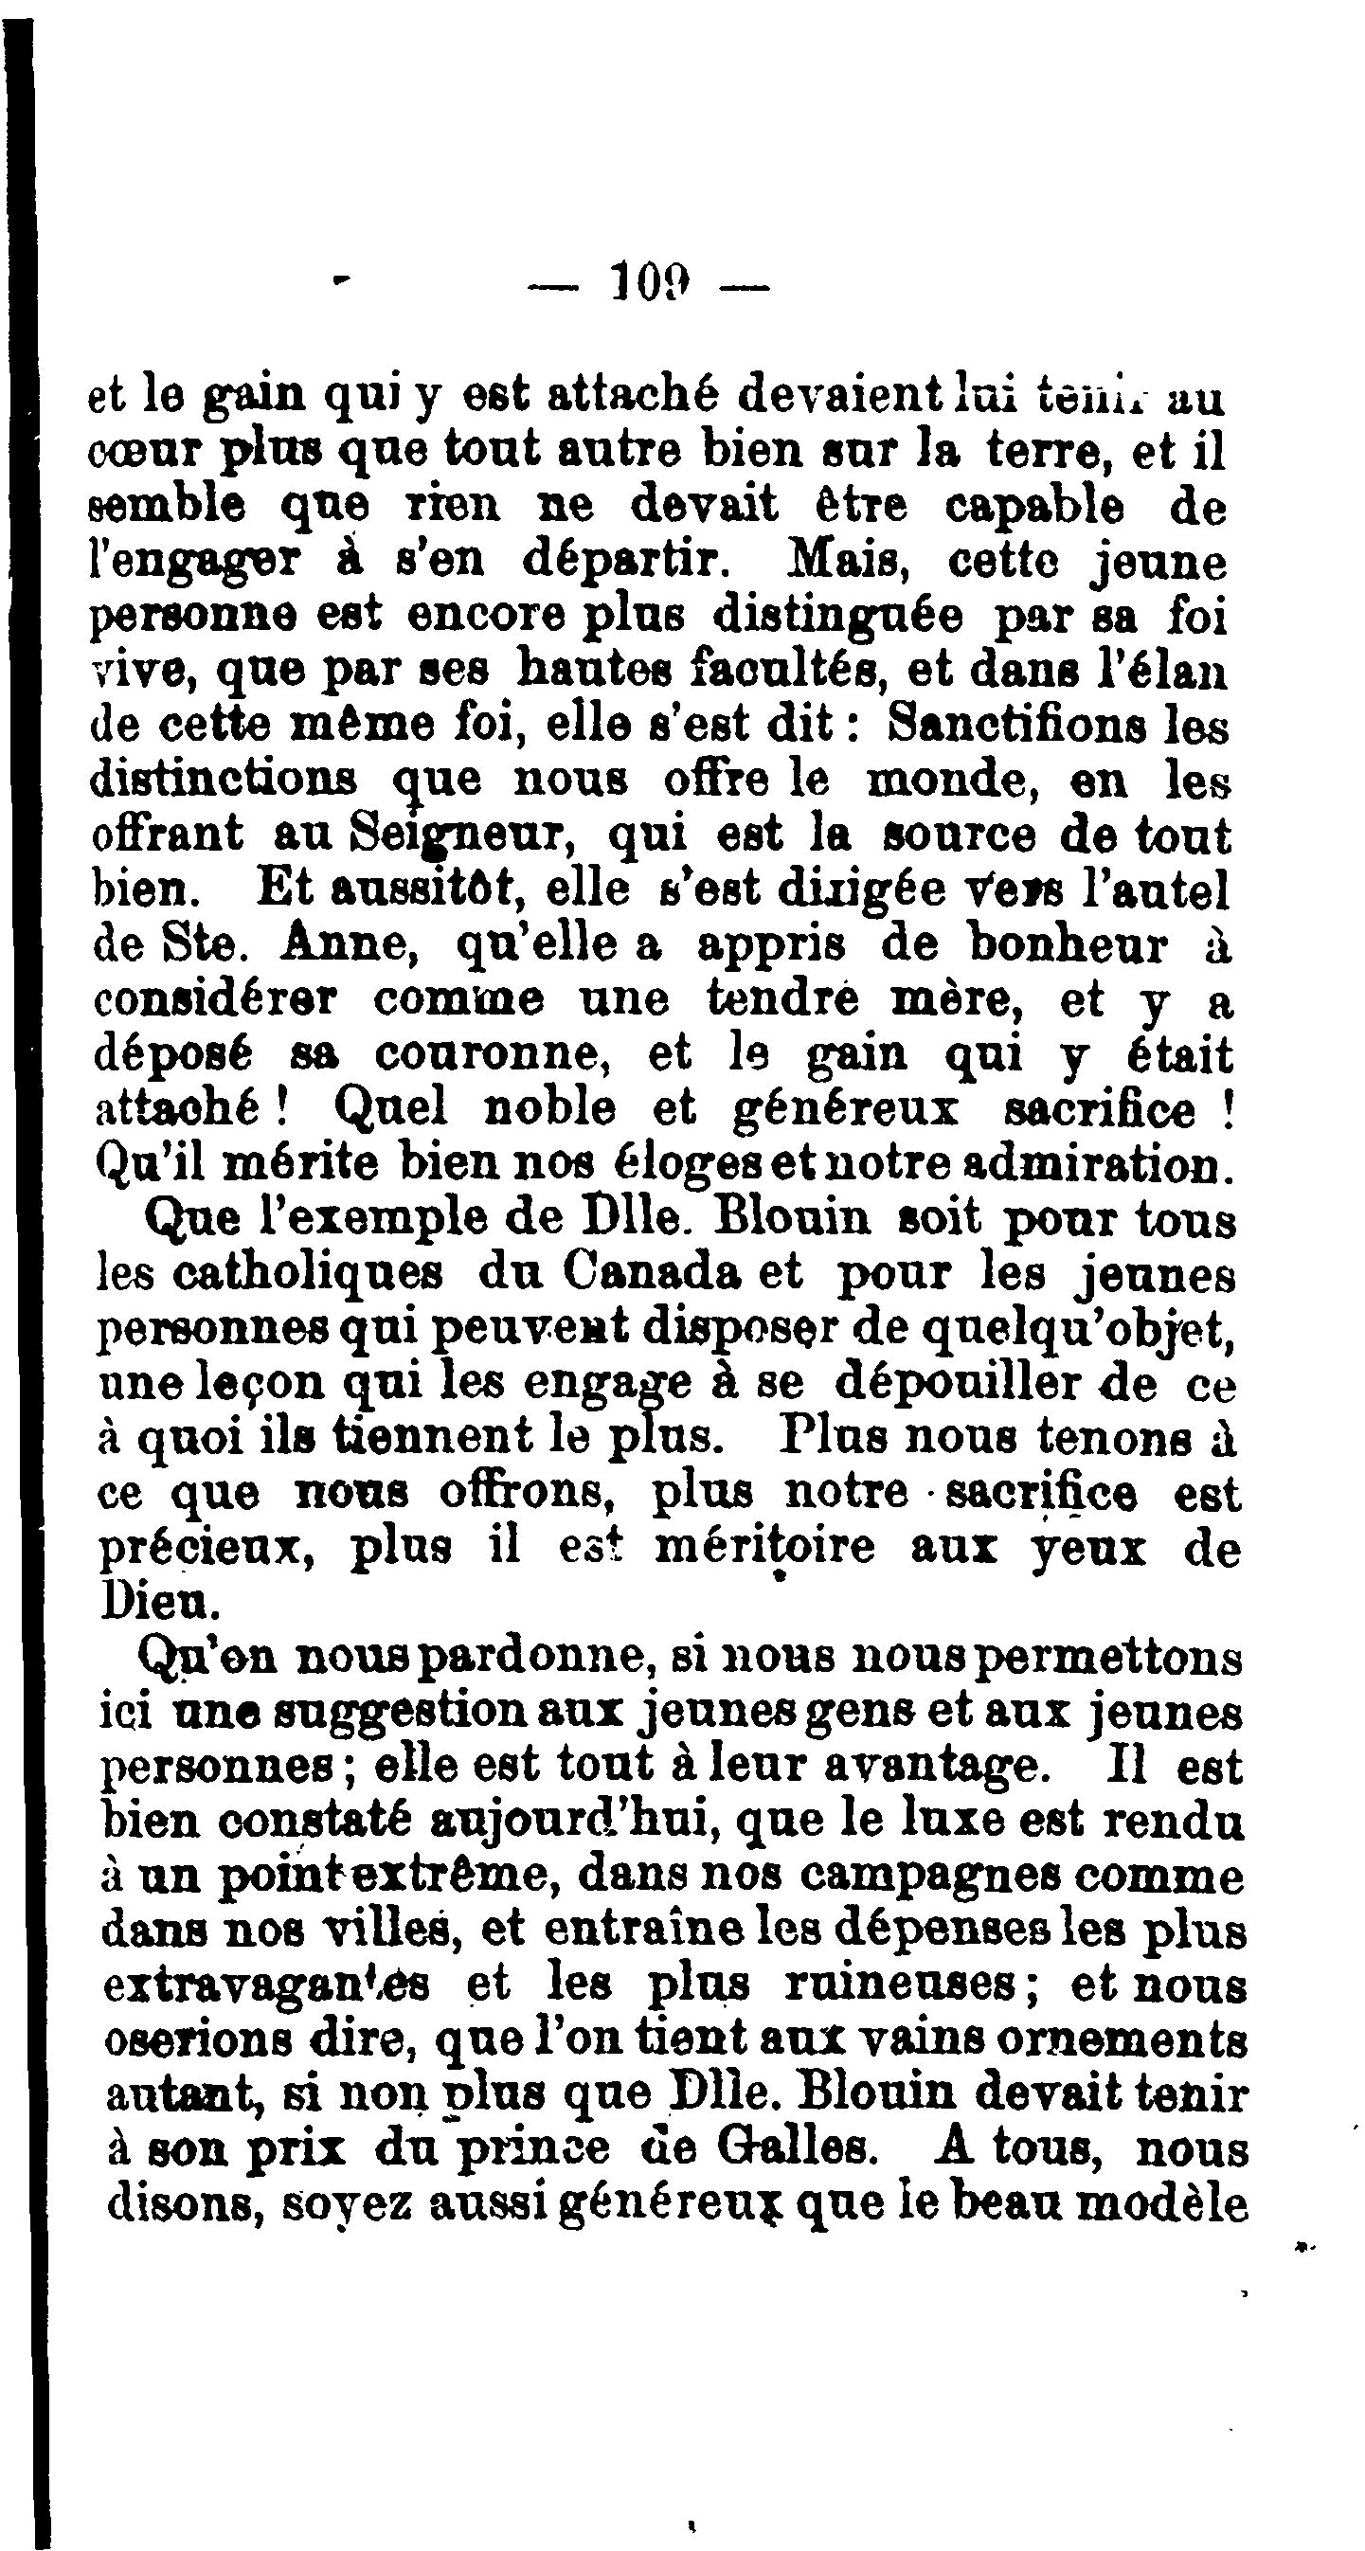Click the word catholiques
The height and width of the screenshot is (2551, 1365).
pos(307,1273)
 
